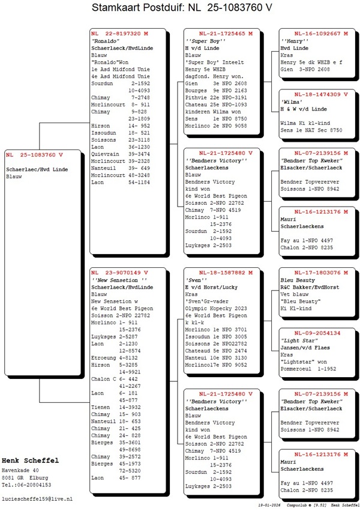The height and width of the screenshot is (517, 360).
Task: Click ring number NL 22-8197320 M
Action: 119,33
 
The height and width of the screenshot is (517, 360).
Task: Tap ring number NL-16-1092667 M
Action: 317,33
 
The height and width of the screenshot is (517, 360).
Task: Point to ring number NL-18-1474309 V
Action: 317,94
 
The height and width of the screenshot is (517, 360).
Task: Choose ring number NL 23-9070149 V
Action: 119,272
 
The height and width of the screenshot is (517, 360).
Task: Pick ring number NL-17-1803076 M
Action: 317,272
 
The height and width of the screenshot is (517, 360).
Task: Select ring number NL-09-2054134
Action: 317,333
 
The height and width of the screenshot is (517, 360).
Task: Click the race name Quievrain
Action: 104,154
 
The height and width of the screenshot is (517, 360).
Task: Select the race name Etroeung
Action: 103,357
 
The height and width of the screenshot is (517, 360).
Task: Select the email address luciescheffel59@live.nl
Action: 37,499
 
